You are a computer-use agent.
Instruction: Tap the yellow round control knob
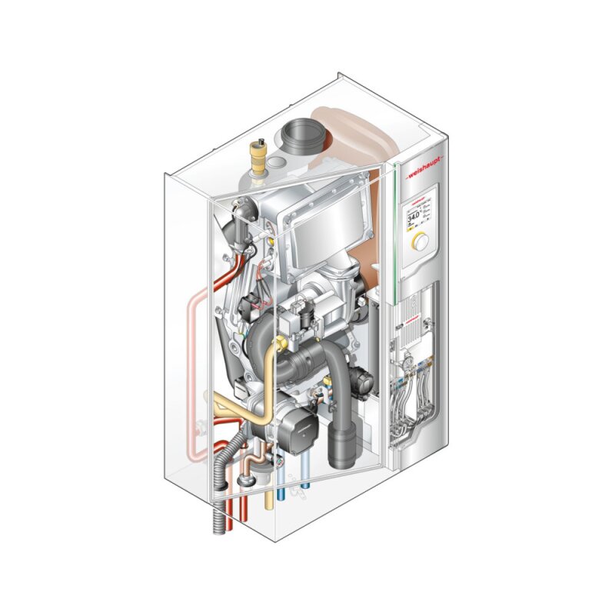(420, 241)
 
